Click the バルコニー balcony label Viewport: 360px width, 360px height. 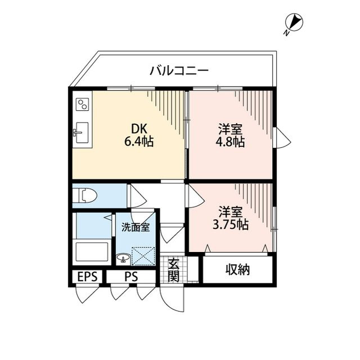click(179, 71)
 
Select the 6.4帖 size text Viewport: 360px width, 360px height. click(139, 142)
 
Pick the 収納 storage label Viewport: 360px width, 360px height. click(238, 270)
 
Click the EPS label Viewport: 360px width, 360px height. click(87, 277)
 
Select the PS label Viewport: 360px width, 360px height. click(132, 277)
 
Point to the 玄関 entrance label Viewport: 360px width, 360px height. click(173, 270)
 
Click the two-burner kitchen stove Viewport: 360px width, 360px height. click(83, 104)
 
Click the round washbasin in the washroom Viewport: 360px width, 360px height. click(122, 259)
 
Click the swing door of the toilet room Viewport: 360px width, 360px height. click(137, 195)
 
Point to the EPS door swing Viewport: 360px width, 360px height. click(87, 294)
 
